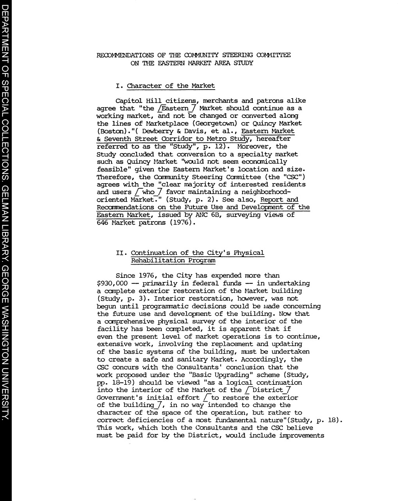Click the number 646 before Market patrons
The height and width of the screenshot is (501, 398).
tap(103, 223)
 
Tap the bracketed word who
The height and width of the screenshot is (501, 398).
tap(149, 192)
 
